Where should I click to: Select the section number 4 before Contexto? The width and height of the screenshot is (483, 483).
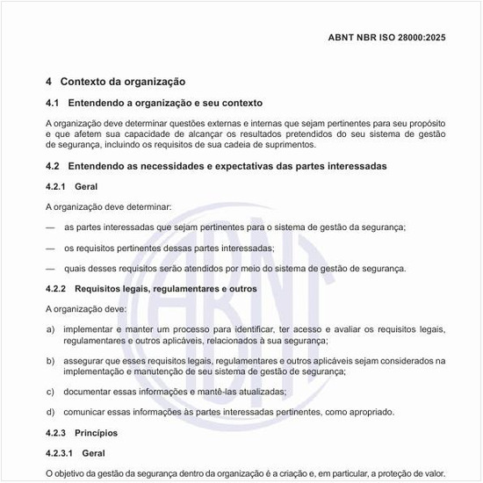(x=48, y=82)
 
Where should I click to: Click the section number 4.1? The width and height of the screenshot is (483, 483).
(x=52, y=104)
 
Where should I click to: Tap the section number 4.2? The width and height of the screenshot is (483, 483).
(x=52, y=166)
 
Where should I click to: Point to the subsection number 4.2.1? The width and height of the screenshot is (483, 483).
(x=54, y=187)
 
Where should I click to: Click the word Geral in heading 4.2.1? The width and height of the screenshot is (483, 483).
(x=86, y=187)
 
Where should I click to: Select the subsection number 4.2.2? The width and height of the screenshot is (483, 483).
(x=54, y=288)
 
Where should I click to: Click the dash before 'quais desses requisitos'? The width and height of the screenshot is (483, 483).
(x=50, y=269)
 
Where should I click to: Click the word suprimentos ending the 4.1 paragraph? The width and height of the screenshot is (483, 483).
(x=291, y=144)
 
